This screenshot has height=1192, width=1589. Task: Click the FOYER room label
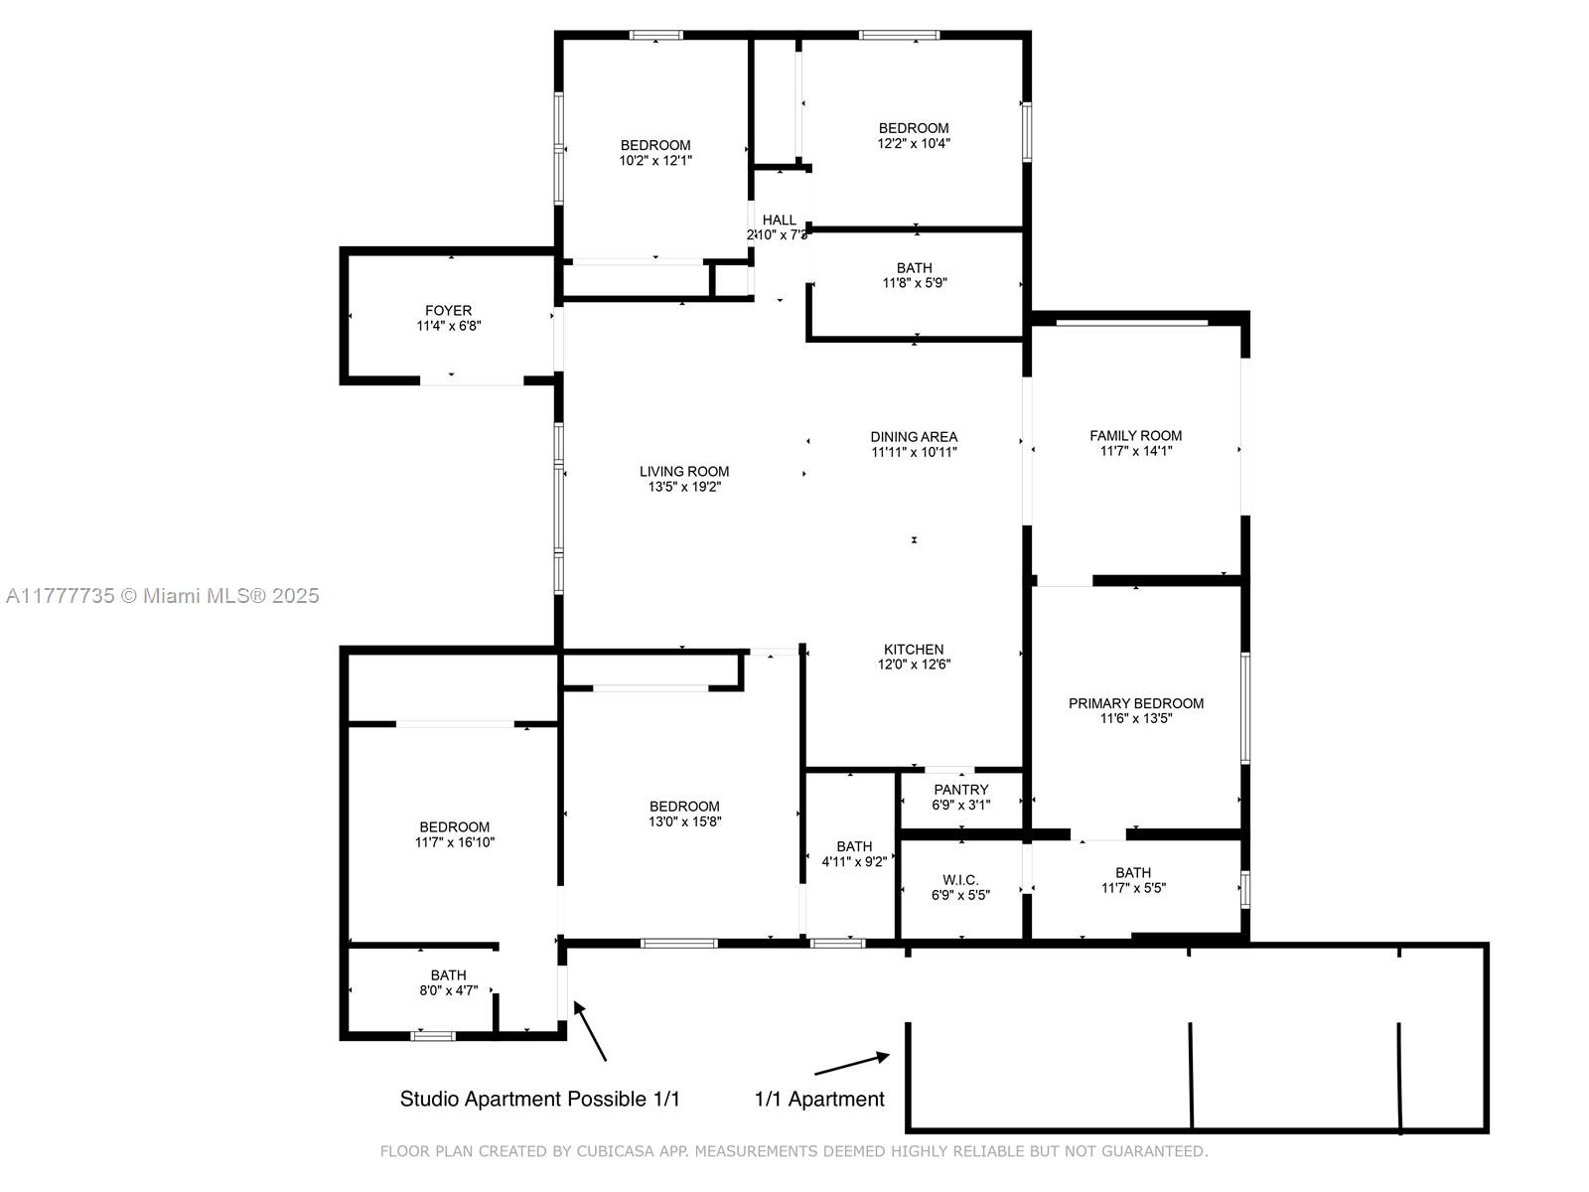[x=448, y=311]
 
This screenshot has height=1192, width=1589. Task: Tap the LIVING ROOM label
[x=684, y=471]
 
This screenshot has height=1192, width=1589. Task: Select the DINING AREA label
[x=914, y=436]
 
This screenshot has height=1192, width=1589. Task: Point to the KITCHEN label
[x=914, y=650]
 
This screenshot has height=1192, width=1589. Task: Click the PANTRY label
[x=960, y=790]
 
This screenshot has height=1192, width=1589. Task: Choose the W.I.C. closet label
[x=960, y=880]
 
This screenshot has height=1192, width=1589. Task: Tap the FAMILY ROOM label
[x=1135, y=436]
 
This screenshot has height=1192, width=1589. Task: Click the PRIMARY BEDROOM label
[x=1136, y=703]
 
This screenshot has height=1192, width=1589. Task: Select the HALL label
[x=779, y=220]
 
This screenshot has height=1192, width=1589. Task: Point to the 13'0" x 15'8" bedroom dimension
[x=684, y=821]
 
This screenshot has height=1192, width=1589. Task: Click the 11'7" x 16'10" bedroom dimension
[x=455, y=842]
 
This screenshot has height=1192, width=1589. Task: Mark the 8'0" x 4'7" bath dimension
[x=448, y=990]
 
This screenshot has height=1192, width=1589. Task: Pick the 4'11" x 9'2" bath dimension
[x=854, y=861]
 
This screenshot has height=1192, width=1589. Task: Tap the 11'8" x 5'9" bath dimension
[x=915, y=283]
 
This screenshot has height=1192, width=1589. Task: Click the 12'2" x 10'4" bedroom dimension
[x=914, y=143]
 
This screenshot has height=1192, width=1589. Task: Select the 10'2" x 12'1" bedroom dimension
[x=655, y=161]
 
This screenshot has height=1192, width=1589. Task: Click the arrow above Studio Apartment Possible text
[x=590, y=1031]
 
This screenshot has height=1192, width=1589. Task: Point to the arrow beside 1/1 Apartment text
[x=852, y=1064]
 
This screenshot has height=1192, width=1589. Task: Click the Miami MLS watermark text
[x=162, y=596]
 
